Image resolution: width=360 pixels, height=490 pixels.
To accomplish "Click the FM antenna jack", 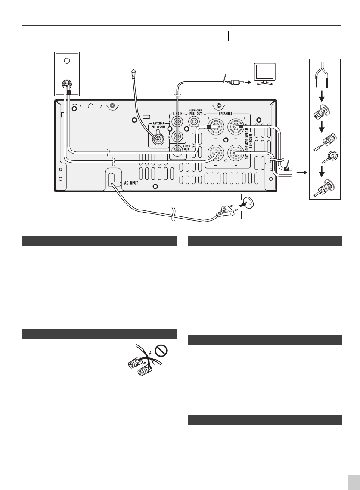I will (158, 139).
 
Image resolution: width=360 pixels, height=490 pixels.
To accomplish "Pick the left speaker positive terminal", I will (235, 127).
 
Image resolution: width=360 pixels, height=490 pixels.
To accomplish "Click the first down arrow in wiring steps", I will (325, 94).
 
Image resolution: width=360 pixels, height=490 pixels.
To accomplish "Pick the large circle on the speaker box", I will (67, 61).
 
